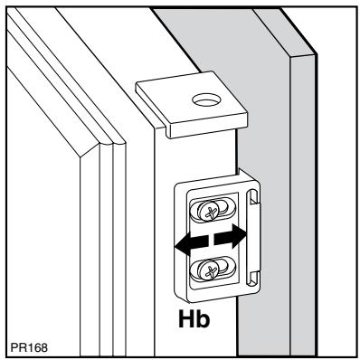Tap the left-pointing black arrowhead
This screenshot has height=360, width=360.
pyautogui.click(x=186, y=243)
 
